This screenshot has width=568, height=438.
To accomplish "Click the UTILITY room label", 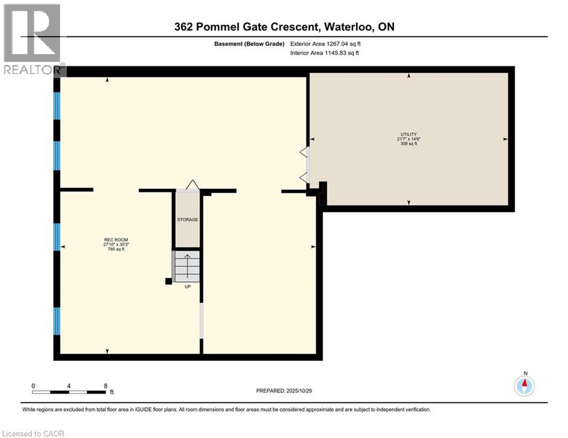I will [x=409, y=134].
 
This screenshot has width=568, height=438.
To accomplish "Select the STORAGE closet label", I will [x=187, y=220].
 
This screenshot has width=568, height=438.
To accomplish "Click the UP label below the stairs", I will [x=187, y=286].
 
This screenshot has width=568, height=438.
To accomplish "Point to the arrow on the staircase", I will [x=187, y=263].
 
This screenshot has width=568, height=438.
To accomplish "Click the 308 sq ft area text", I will [x=409, y=144].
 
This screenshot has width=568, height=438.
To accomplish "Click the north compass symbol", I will [x=524, y=386].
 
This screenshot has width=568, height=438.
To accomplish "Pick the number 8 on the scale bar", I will [x=106, y=386].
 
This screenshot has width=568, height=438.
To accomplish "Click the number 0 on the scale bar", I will [x=33, y=386].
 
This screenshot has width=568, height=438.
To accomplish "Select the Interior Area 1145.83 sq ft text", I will [x=324, y=53].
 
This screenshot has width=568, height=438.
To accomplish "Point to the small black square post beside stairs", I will [x=168, y=281].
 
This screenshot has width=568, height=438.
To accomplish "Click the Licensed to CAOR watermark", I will [x=33, y=433].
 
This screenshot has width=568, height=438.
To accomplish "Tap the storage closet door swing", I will [x=192, y=184].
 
